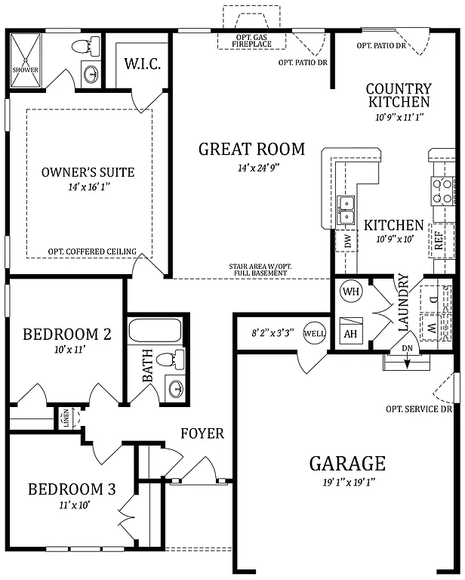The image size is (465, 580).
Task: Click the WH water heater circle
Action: point(350,291)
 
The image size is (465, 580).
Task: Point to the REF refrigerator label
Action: point(438,241)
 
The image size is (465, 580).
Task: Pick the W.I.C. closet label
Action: point(142,63)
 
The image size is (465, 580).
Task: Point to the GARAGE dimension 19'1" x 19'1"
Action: point(347,483)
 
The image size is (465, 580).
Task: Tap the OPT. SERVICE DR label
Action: point(418,409)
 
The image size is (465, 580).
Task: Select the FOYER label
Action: point(202,433)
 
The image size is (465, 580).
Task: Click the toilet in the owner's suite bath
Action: point(79,48)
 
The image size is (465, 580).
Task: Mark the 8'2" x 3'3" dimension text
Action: point(273,332)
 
